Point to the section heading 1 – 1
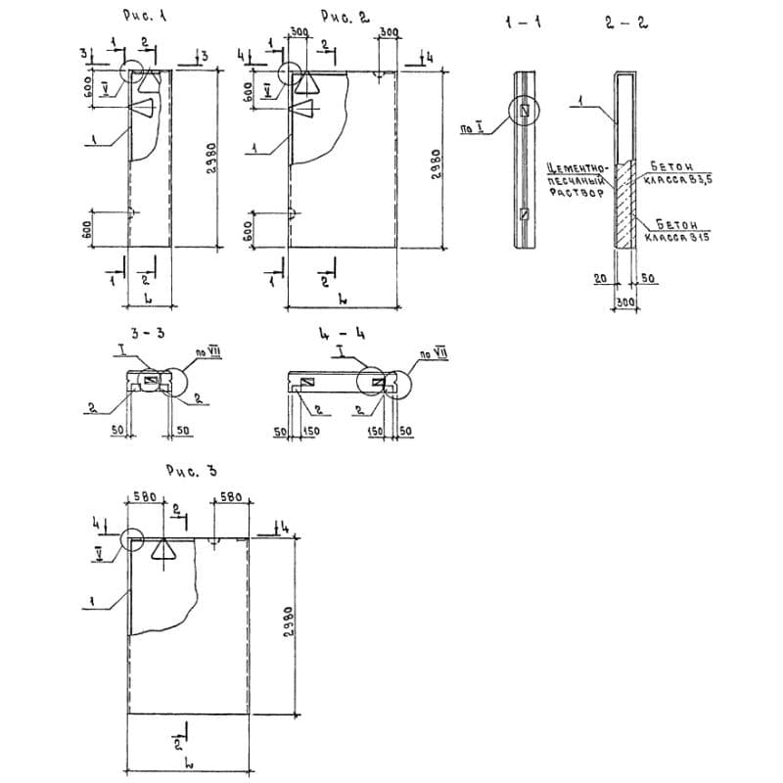(523, 22)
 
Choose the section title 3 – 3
(148, 333)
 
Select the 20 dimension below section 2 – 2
(600, 279)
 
